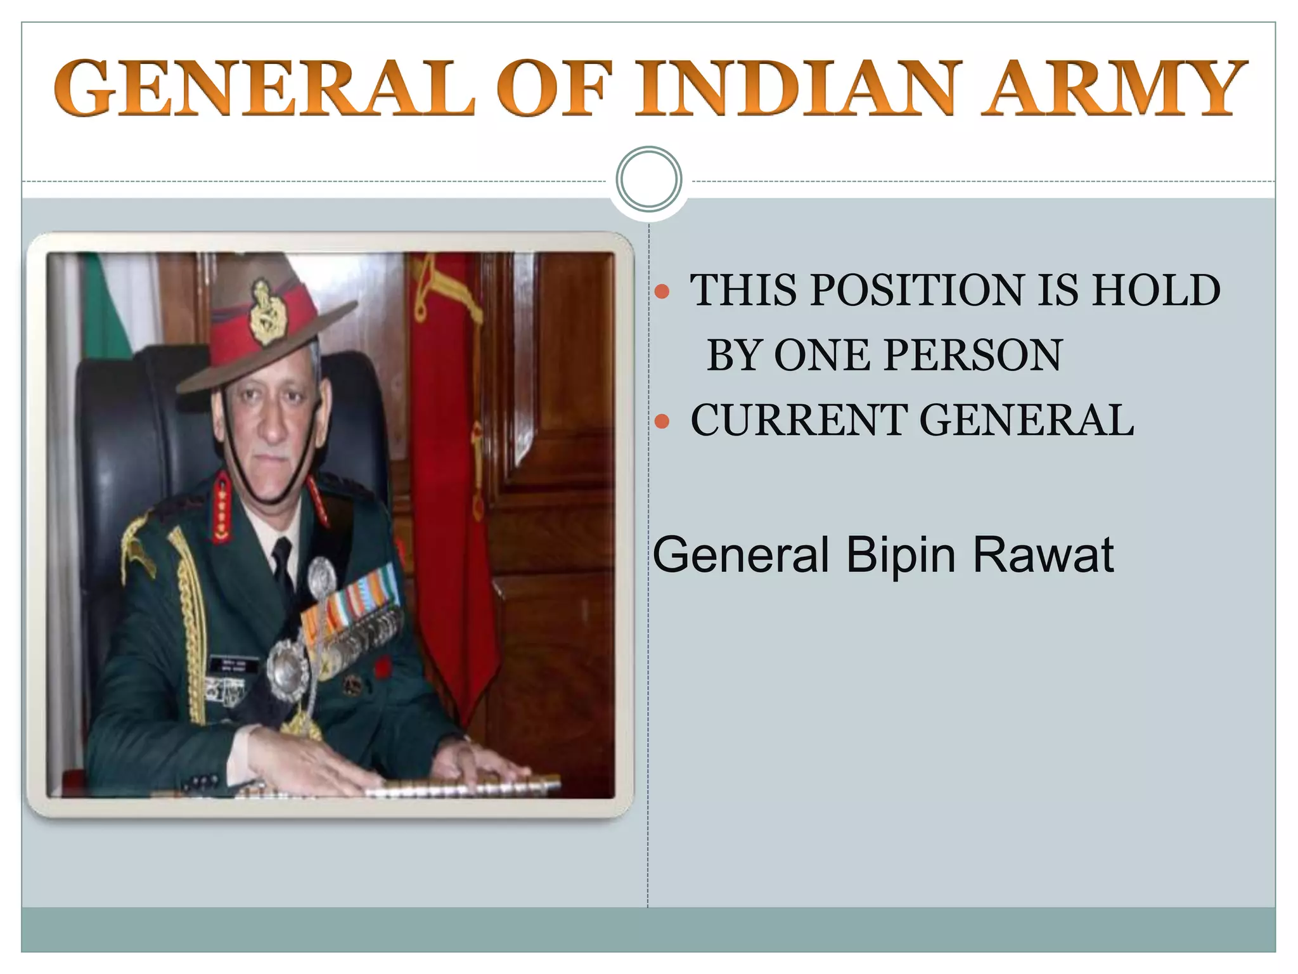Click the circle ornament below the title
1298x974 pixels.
point(649,179)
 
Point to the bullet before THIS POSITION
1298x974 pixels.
point(662,292)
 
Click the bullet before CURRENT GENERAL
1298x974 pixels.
point(662,421)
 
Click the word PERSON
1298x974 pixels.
point(973,355)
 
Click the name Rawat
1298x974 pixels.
point(1043,555)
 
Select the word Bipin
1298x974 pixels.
point(900,555)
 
